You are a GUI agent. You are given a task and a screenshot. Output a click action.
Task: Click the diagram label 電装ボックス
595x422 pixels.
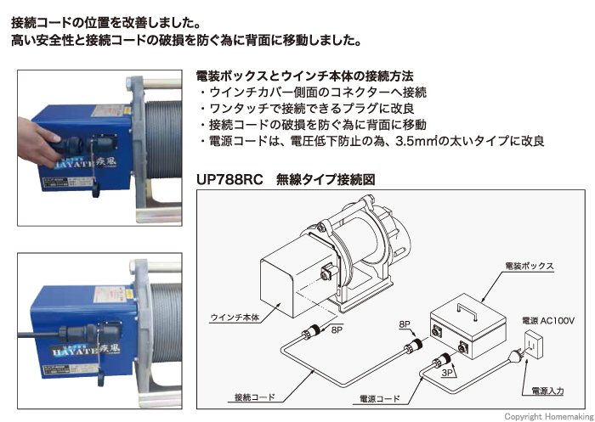tap(530, 266)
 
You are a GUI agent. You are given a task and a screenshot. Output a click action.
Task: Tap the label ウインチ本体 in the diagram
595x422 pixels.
tap(235, 318)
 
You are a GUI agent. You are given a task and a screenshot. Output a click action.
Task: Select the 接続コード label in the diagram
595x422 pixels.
tap(254, 397)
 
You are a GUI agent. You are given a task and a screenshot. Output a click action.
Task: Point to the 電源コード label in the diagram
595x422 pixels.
tap(379, 399)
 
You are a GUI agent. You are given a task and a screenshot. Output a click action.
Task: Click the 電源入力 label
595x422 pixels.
tap(547, 391)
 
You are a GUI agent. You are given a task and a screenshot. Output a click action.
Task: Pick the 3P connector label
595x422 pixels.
tap(447, 373)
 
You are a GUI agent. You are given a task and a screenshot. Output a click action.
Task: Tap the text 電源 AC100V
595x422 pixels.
tap(548, 321)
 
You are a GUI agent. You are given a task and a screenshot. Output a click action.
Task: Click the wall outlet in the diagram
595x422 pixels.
tap(533, 344)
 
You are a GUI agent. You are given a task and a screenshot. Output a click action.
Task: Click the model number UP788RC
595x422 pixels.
tap(229, 179)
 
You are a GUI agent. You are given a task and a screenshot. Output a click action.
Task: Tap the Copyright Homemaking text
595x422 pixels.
tap(548, 417)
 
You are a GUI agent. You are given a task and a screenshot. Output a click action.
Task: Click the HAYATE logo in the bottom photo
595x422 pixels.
tap(84, 352)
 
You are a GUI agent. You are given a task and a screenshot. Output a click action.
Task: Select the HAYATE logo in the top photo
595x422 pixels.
tap(82, 162)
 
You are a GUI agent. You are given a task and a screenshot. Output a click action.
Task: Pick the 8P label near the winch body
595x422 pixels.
tap(337, 329)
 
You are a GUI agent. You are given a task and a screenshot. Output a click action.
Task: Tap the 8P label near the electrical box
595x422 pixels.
tap(405, 324)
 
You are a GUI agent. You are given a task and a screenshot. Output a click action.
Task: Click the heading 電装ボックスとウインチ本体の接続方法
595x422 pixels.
tap(304, 76)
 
